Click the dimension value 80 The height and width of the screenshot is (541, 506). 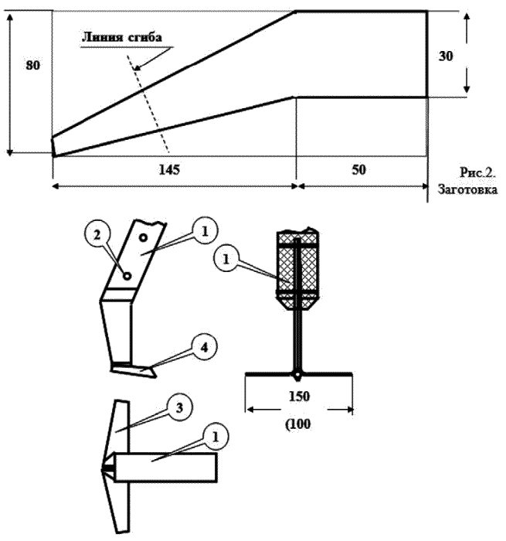tap(32, 66)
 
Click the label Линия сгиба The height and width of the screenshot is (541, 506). tap(120, 37)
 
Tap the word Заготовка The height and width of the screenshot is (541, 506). tap(467, 188)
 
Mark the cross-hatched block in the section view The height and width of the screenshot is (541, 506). tap(297, 267)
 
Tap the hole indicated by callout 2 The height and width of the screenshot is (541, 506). tap(127, 272)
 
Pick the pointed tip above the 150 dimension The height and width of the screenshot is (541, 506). tap(297, 377)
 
